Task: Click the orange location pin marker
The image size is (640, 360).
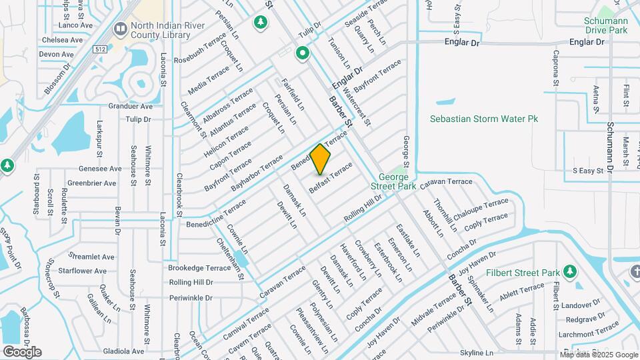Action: click(320, 159)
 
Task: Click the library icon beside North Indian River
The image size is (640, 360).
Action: click(120, 28)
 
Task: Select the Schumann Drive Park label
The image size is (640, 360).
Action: click(606, 25)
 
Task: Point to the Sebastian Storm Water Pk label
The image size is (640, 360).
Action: click(483, 119)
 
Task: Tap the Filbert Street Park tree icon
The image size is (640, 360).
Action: click(569, 272)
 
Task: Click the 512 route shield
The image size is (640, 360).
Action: click(101, 49)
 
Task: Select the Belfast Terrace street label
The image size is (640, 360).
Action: click(331, 178)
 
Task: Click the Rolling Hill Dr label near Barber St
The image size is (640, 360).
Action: click(363, 208)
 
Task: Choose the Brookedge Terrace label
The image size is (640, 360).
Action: click(199, 267)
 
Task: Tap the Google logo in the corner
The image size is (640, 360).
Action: click(22, 351)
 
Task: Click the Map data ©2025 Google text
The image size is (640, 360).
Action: click(599, 355)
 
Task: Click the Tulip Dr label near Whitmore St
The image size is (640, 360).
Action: click(138, 119)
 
